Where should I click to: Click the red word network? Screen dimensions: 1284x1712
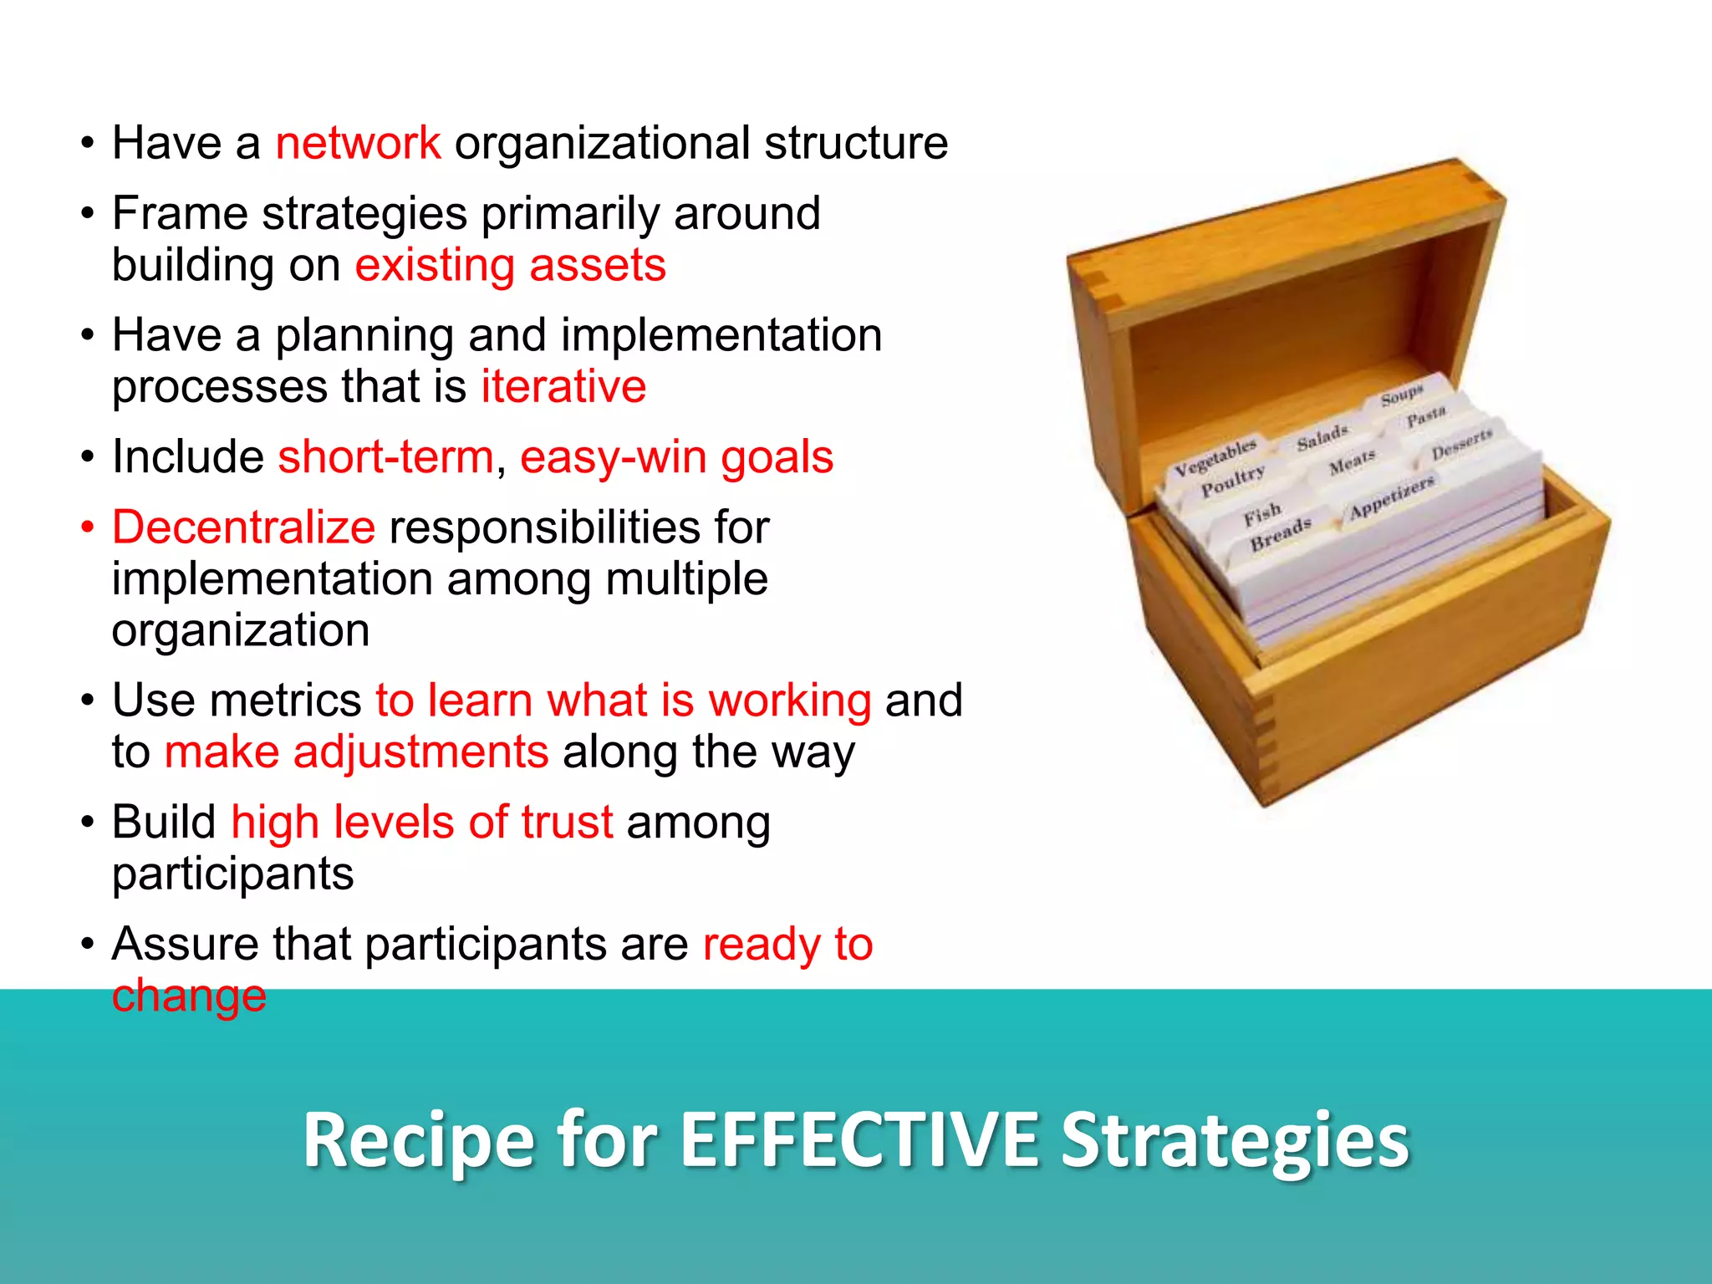358,143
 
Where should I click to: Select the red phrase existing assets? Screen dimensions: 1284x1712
510,266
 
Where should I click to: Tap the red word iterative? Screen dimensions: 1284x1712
563,387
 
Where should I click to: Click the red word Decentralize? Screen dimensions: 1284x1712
243,527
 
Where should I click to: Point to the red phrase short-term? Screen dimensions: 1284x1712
385,457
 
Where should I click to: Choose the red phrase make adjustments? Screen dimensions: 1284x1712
357,752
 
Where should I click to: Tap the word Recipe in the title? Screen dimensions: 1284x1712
418,1140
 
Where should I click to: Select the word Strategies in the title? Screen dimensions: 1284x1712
1235,1140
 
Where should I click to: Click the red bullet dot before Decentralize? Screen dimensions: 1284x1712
87,528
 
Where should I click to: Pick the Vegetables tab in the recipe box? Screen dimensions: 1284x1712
1215,457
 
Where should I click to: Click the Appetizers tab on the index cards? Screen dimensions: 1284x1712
1392,496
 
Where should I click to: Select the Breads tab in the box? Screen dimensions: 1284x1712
1280,534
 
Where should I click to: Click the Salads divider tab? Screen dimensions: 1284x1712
1322,436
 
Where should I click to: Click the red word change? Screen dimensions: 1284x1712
189,996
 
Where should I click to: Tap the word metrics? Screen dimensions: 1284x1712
286,701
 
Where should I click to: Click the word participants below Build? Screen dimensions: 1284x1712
232,874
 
